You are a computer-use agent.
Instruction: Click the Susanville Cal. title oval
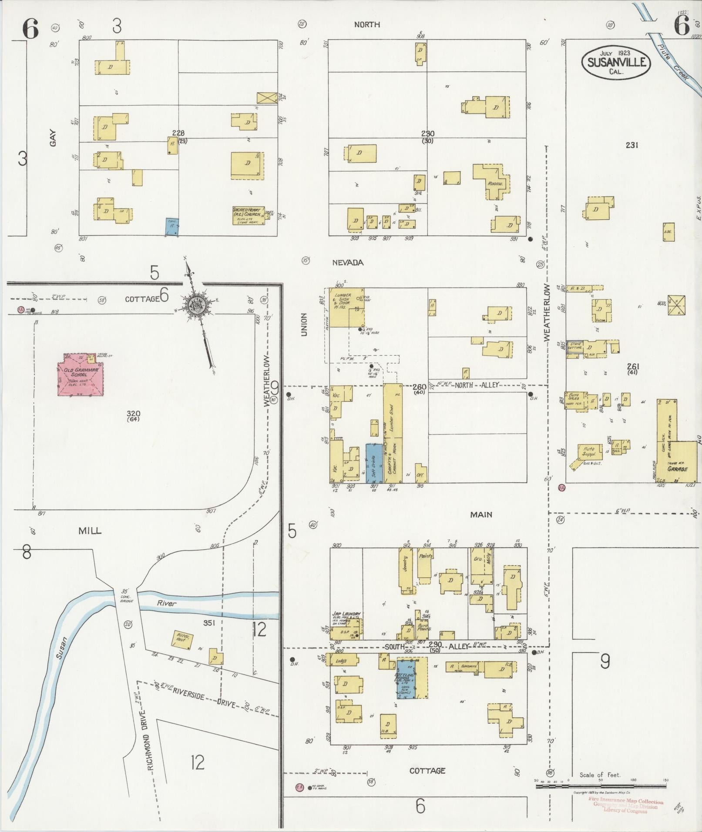[616, 63]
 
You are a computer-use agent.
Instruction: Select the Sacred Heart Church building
[248, 215]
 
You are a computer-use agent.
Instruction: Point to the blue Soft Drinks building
[374, 463]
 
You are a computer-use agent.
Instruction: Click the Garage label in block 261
[678, 469]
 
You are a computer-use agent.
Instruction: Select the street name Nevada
[347, 263]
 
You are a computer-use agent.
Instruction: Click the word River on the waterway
[167, 603]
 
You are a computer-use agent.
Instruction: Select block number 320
[133, 413]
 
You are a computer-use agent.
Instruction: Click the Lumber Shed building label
[391, 418]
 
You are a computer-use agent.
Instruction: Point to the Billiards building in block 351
[183, 640]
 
